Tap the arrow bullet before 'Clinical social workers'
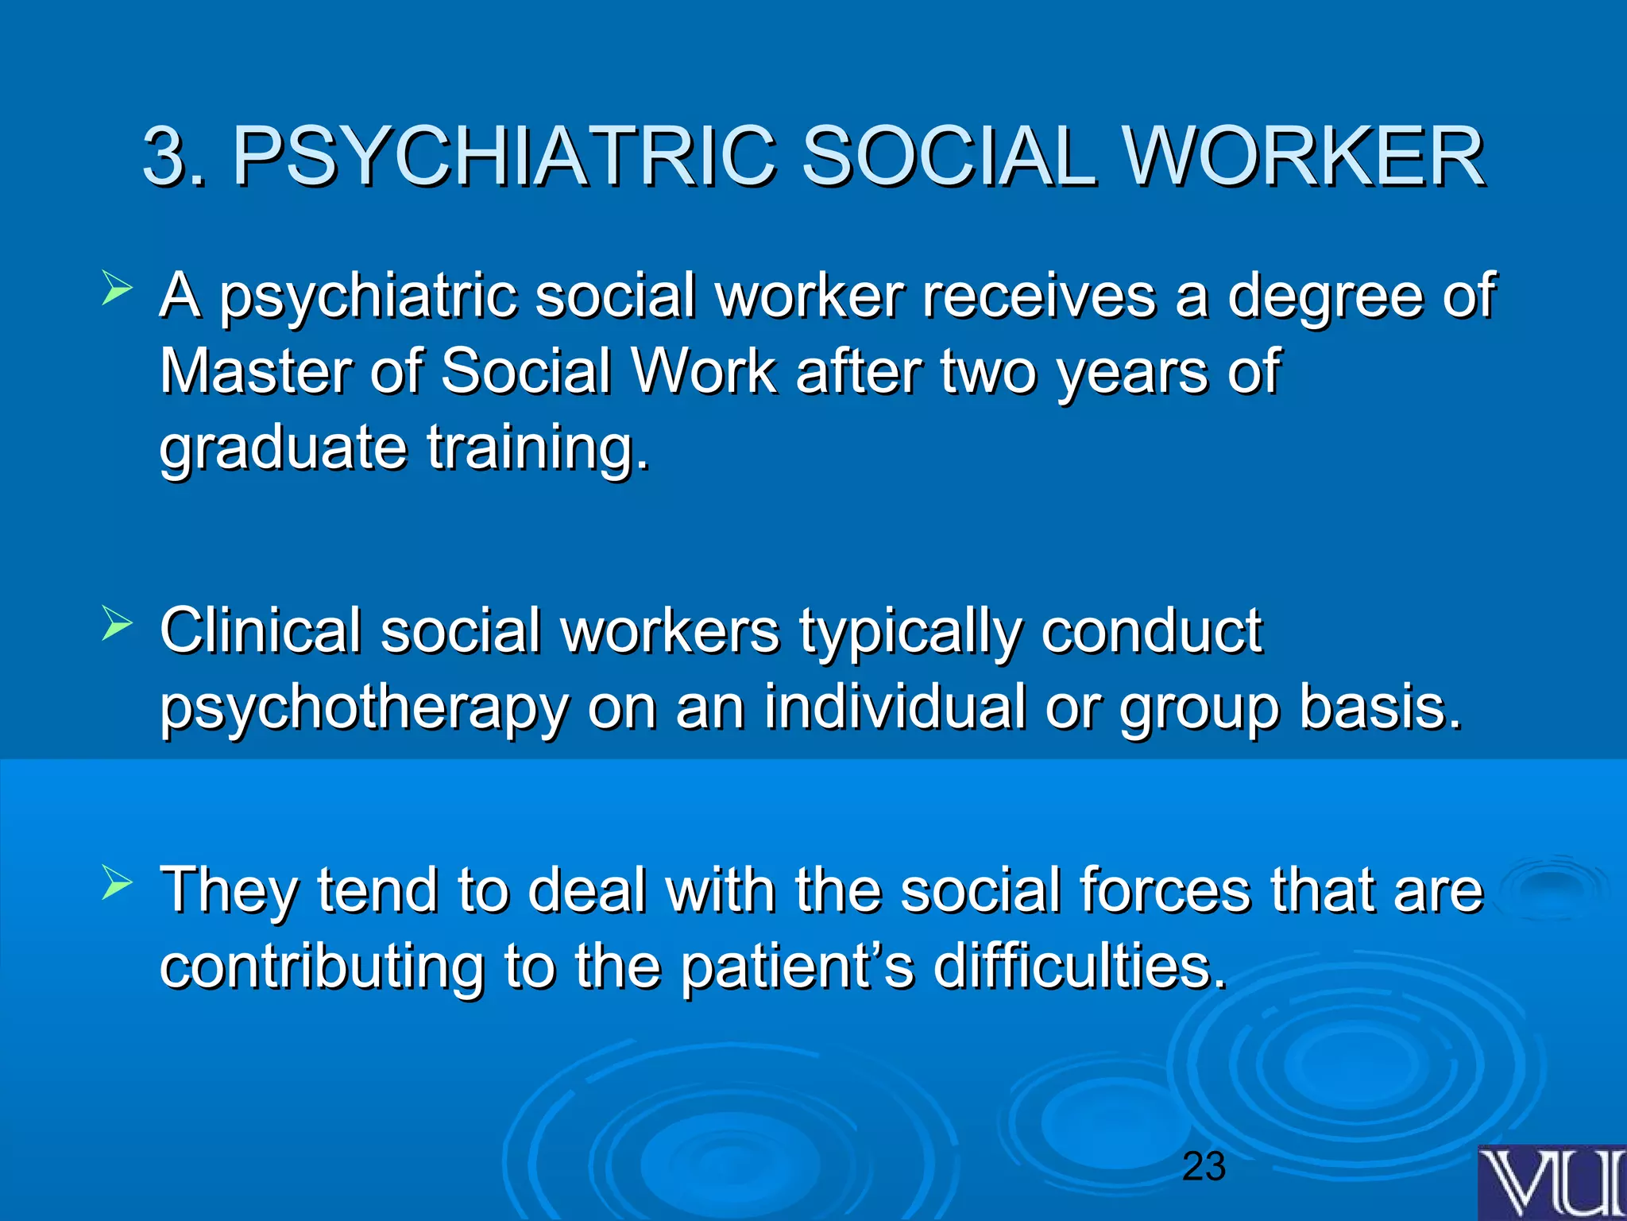click(117, 625)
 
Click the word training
click(538, 448)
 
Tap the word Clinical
click(261, 630)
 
